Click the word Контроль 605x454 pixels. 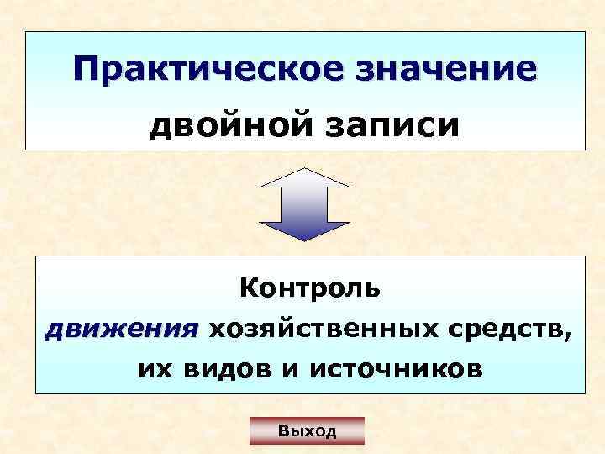coord(310,289)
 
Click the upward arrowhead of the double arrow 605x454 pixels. coord(303,176)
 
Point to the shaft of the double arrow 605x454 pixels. coord(303,203)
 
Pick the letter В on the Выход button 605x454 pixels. coord(284,432)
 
